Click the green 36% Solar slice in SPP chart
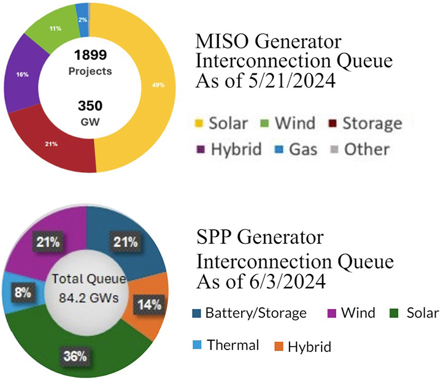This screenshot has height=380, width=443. coord(80,349)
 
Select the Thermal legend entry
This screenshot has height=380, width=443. coord(231,344)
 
